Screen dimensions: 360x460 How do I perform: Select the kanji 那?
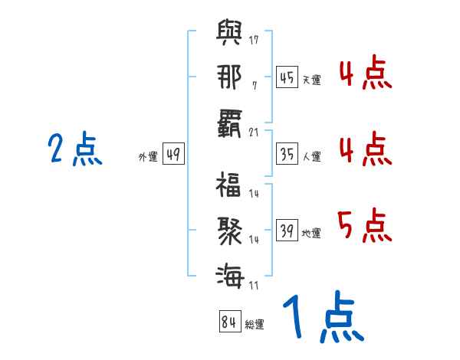[x=229, y=77]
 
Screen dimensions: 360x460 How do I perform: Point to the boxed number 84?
[x=228, y=322]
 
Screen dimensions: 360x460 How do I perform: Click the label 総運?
[x=254, y=325]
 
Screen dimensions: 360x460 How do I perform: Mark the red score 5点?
[x=364, y=227]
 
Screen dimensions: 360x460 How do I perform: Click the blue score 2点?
[x=75, y=149]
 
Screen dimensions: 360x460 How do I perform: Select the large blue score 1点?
[x=322, y=319]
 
